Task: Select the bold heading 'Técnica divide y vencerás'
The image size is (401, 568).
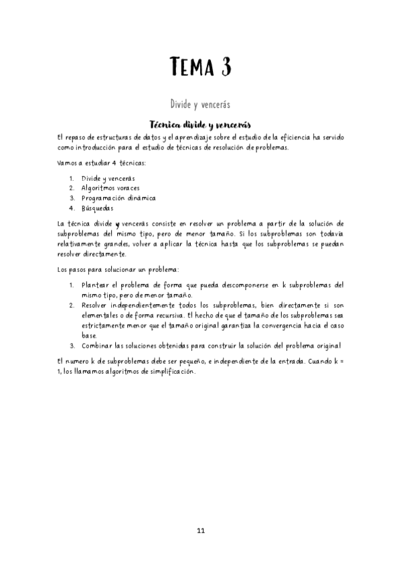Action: (x=200, y=125)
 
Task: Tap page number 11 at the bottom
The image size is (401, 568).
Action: (x=201, y=531)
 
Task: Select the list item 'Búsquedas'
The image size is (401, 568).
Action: (x=98, y=208)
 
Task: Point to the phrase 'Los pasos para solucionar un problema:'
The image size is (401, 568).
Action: (x=118, y=269)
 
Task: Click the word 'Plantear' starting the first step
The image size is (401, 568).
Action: (x=96, y=285)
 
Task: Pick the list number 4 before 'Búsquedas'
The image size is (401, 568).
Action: (x=72, y=208)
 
